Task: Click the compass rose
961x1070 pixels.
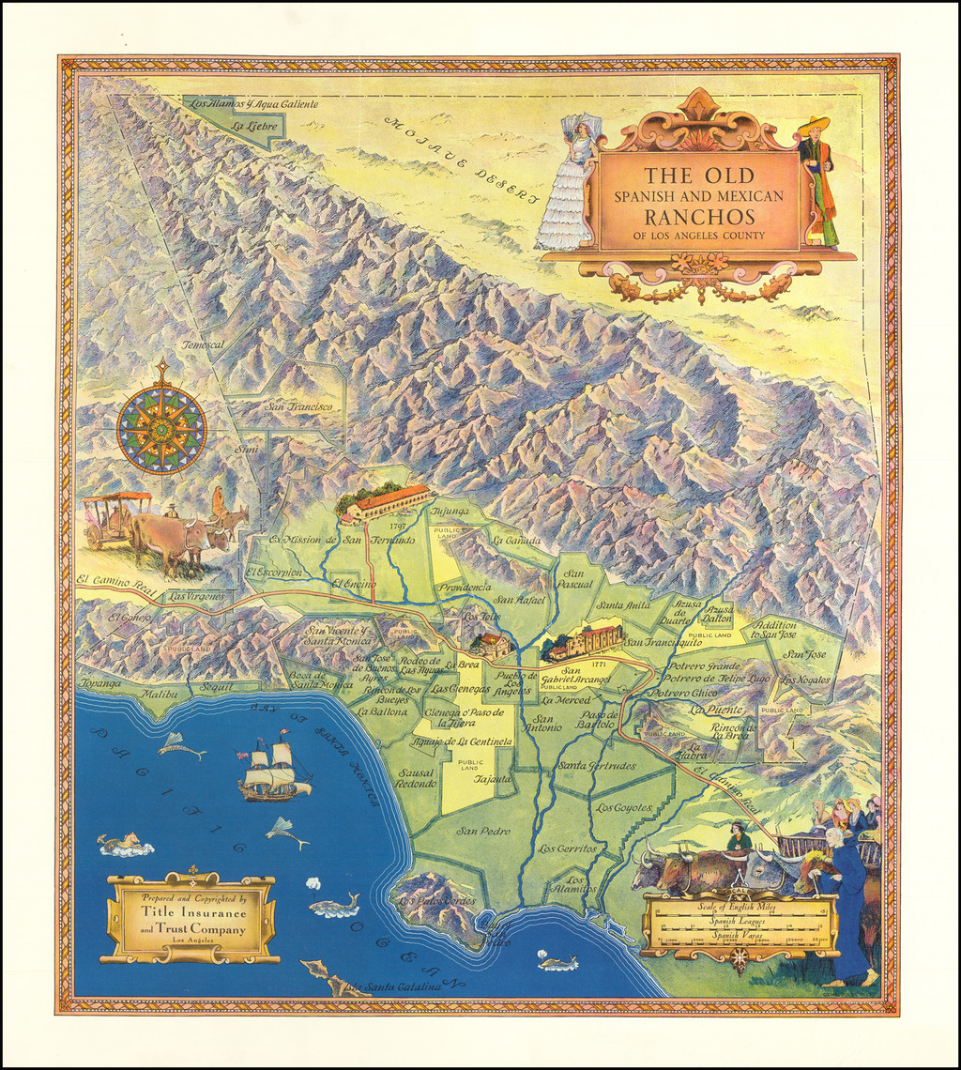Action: point(161,429)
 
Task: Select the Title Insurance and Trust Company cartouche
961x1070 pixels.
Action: point(191,918)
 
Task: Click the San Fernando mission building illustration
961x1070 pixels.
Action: point(388,502)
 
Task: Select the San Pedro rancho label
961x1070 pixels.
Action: point(483,831)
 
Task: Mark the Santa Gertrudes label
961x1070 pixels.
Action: point(596,765)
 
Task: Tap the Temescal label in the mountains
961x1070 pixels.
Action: point(204,344)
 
